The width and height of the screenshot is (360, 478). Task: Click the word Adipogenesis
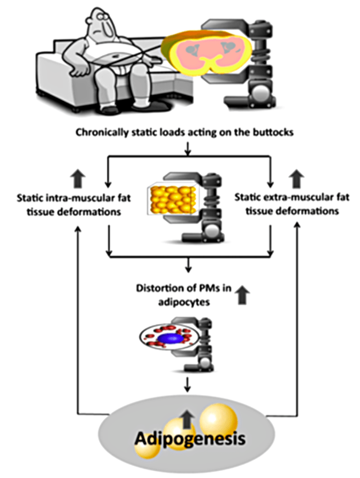[190, 439]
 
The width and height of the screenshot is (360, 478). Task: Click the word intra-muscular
[75, 198]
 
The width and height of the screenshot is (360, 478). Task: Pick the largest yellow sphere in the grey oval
[218, 420]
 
